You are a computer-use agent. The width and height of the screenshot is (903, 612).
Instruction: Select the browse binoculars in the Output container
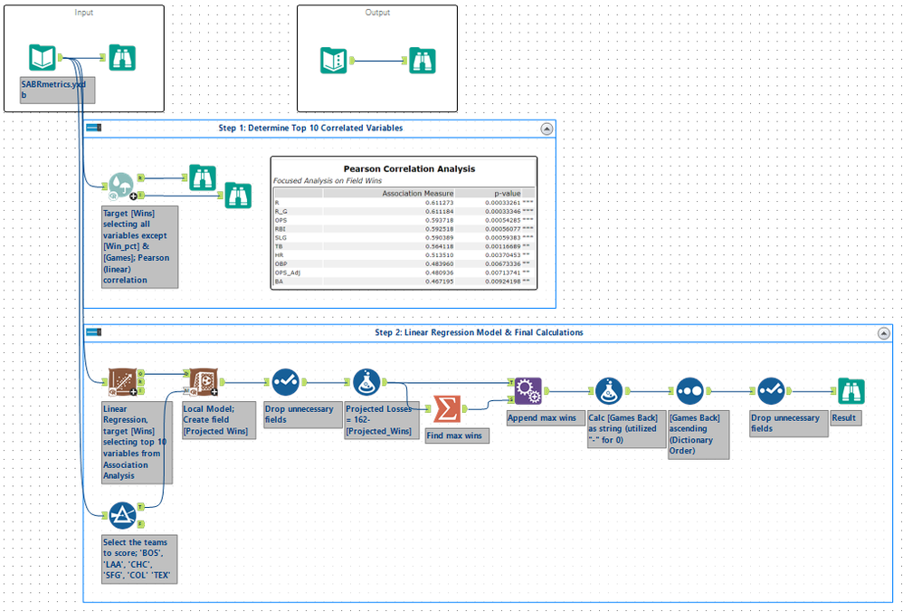(421, 61)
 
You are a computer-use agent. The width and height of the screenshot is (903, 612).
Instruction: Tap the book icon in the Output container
(334, 61)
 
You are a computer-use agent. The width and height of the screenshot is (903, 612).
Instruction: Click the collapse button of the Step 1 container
(547, 129)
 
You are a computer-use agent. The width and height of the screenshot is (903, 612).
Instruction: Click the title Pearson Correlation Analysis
(409, 168)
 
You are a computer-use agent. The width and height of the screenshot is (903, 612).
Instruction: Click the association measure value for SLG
(442, 238)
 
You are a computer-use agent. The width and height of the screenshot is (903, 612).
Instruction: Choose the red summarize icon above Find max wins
(447, 409)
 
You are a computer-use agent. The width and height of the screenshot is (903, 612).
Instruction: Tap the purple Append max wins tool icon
(528, 391)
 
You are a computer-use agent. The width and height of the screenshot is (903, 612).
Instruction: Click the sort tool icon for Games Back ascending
(689, 391)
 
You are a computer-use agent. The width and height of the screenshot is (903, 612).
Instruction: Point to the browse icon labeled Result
(851, 391)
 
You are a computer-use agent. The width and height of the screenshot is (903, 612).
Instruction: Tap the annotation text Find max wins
(457, 436)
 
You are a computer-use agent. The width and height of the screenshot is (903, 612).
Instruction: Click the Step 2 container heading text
(479, 332)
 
